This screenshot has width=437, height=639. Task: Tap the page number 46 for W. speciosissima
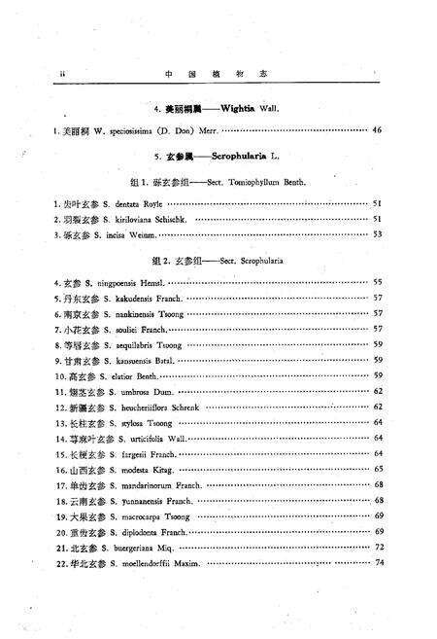pyautogui.click(x=378, y=130)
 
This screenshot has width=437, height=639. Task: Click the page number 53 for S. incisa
pyautogui.click(x=378, y=233)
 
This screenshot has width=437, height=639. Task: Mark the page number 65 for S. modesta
pyautogui.click(x=378, y=469)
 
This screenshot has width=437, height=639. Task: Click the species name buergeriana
pyautogui.click(x=129, y=547)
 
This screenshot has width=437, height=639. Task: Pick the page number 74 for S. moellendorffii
pyautogui.click(x=378, y=562)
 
